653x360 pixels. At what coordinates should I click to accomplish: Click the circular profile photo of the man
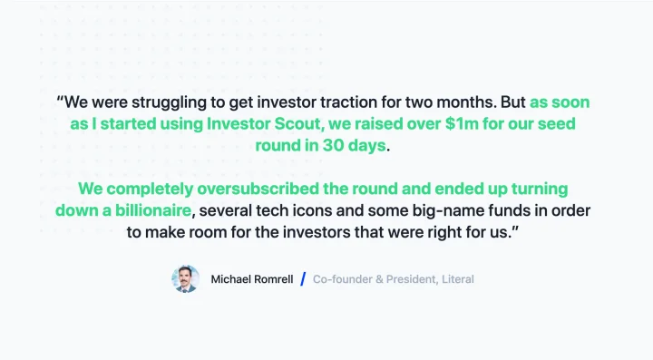tap(185, 279)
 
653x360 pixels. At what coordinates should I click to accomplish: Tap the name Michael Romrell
tap(252, 279)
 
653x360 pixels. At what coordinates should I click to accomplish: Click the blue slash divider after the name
tap(303, 279)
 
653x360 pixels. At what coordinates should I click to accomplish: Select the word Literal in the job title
tap(458, 279)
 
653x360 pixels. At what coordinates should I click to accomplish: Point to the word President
tap(412, 279)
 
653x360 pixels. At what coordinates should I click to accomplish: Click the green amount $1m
tap(462, 123)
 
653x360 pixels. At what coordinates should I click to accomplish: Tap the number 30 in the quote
tap(333, 145)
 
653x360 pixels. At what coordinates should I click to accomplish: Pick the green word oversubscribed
tap(258, 189)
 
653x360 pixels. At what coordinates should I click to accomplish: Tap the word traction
tap(350, 102)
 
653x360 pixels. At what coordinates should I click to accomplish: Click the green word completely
tap(150, 190)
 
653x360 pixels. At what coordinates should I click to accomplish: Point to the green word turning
tap(540, 190)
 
